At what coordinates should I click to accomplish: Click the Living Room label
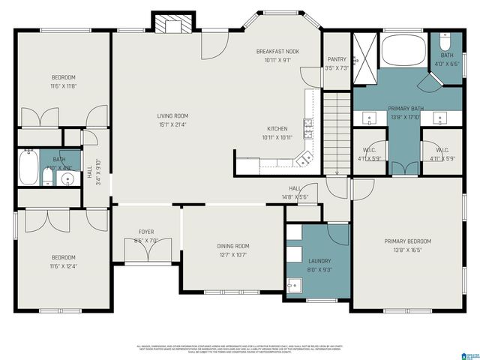172,115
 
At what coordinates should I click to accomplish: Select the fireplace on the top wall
169,24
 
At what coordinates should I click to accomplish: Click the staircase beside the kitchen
337,131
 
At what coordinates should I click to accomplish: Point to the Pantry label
337,59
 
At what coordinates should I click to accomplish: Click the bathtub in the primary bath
403,53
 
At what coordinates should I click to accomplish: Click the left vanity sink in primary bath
369,117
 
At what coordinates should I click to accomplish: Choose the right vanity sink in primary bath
441,117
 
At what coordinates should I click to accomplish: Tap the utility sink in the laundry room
293,285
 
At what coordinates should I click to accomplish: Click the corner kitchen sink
303,158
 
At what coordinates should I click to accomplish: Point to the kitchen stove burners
308,130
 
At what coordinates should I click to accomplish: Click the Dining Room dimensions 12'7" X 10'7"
232,255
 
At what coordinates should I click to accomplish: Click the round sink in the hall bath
67,178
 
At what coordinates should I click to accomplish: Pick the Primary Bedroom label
408,241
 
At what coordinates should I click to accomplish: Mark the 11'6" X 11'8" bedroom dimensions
63,87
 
